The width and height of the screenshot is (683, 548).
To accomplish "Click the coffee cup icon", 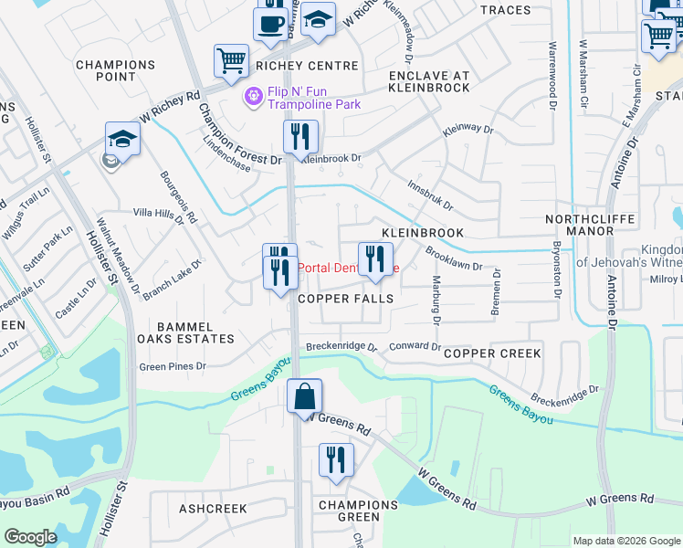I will tap(271, 23).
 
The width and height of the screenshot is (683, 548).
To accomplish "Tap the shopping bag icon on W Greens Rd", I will tap(304, 398).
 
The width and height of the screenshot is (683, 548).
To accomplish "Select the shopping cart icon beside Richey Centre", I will tap(231, 61).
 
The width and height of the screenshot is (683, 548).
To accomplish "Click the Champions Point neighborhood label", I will tap(116, 72).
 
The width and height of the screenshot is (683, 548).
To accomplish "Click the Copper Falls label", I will tap(346, 299).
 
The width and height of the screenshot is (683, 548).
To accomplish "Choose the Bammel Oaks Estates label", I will tap(184, 332).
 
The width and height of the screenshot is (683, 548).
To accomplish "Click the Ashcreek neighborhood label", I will tap(213, 508).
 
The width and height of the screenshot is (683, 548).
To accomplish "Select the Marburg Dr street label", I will tap(436, 300).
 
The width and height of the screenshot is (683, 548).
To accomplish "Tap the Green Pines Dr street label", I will tap(173, 366).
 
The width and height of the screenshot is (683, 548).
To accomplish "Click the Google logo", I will tap(30, 537).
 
